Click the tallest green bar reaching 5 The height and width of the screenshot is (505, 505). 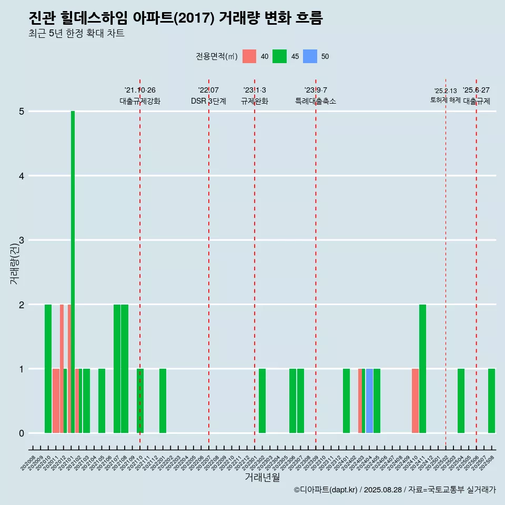[73, 271]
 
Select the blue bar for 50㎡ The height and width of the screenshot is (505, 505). [369, 401]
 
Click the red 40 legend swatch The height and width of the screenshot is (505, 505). [249, 56]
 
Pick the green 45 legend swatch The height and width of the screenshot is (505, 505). [279, 56]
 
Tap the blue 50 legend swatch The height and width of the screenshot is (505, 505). [310, 56]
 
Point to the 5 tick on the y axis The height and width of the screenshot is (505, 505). [22, 112]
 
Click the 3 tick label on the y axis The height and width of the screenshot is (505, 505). [22, 240]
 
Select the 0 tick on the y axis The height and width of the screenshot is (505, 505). [22, 433]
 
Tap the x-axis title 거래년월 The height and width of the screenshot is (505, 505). [262, 477]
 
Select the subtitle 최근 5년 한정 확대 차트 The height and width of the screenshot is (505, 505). [76, 34]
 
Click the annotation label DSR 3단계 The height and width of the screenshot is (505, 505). [208, 101]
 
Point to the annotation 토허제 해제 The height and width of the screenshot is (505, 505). [445, 100]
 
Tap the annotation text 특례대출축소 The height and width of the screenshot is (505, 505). [316, 101]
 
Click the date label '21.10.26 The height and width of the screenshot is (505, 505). [140, 90]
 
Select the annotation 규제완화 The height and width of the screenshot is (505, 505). [255, 101]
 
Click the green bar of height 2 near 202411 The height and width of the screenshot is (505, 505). [422, 369]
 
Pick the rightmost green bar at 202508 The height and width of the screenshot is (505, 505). [491, 401]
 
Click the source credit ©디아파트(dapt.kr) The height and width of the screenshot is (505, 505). [326, 490]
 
